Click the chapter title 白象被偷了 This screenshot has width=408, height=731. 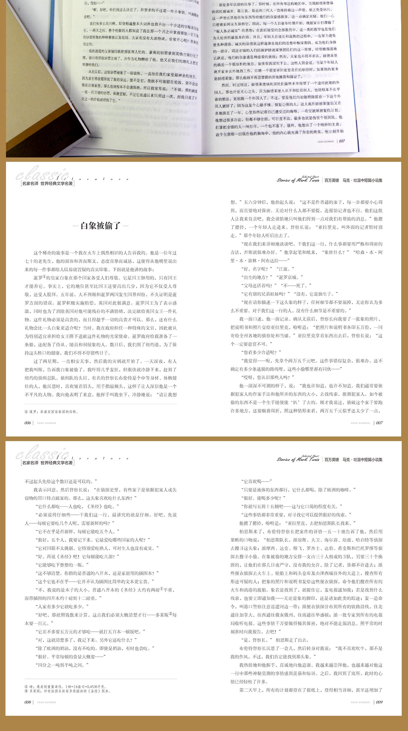(x=101, y=226)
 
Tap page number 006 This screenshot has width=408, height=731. (x=27, y=423)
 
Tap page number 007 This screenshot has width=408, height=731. (x=379, y=423)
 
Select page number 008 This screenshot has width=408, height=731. (x=27, y=702)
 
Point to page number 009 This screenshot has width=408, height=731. (x=379, y=702)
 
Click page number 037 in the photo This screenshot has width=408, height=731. (x=342, y=141)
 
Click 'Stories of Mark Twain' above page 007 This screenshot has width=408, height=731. (x=298, y=180)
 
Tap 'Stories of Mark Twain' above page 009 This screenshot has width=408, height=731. (x=298, y=459)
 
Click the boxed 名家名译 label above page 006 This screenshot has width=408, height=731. (x=47, y=184)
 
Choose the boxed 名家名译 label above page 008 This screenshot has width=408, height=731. (x=47, y=463)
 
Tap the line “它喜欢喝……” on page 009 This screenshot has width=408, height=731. (x=256, y=481)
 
